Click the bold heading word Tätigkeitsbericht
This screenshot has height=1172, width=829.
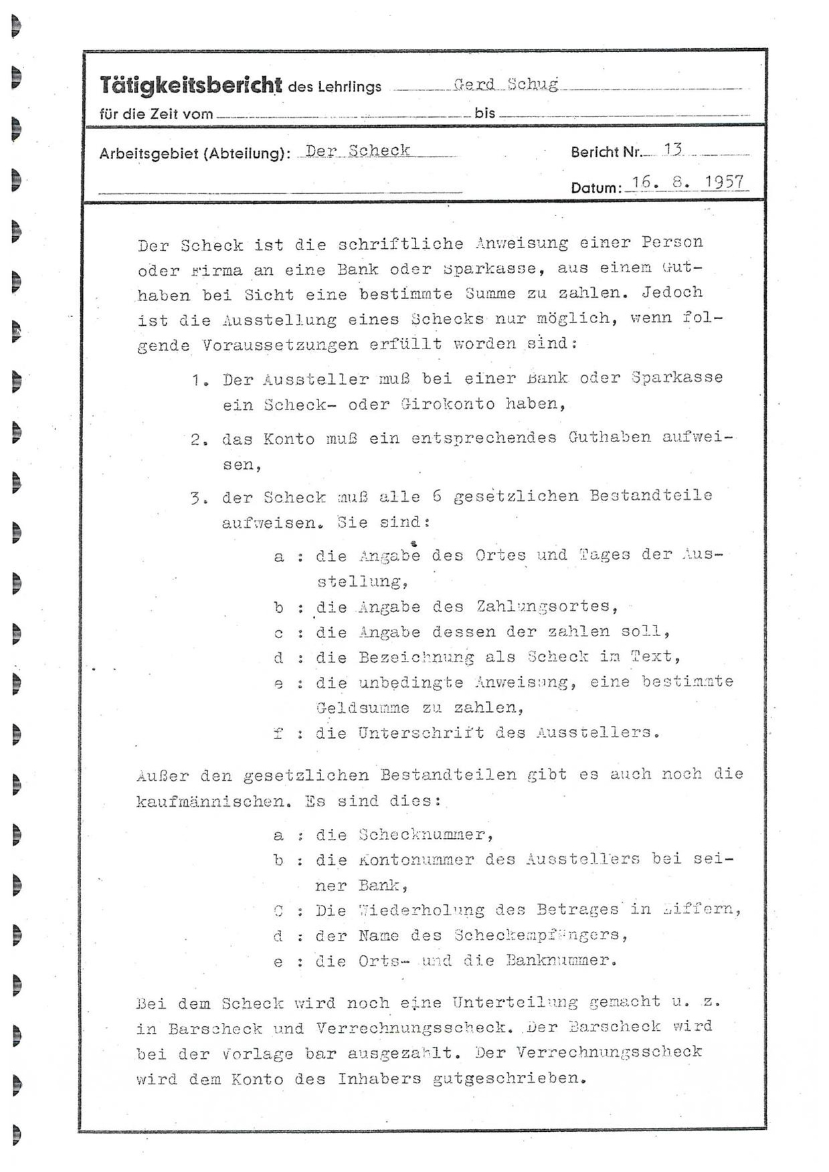[x=191, y=85]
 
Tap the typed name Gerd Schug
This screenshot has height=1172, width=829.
[x=505, y=84]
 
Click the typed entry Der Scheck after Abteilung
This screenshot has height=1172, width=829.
[x=357, y=151]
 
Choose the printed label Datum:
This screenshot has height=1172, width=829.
[x=595, y=188]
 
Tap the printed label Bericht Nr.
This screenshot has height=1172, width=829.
[x=606, y=153]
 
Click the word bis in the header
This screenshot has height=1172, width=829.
[x=484, y=113]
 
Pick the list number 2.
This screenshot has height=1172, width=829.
[x=196, y=440]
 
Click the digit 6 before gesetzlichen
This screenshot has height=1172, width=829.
[x=437, y=496]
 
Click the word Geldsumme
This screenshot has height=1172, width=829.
[x=363, y=708]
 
